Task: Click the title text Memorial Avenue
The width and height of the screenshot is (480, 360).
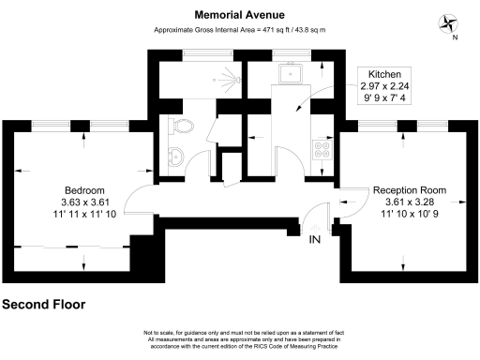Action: [x=240, y=15]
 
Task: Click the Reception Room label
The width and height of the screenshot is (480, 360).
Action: [x=409, y=190]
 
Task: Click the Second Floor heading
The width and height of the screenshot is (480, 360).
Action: [x=43, y=305]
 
